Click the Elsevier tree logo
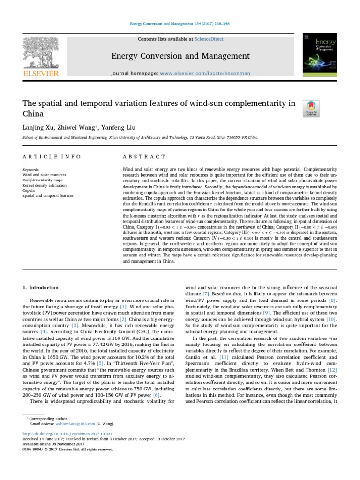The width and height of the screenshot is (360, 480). pyautogui.click(x=41, y=53)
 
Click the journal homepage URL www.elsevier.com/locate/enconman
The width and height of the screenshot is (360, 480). pyautogui.click(x=205, y=73)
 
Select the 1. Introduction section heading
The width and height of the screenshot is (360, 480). pyautogui.click(x=41, y=287)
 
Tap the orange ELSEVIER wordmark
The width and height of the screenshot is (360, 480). pyautogui.click(x=41, y=74)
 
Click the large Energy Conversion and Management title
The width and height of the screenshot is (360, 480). pyautogui.click(x=180, y=56)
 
